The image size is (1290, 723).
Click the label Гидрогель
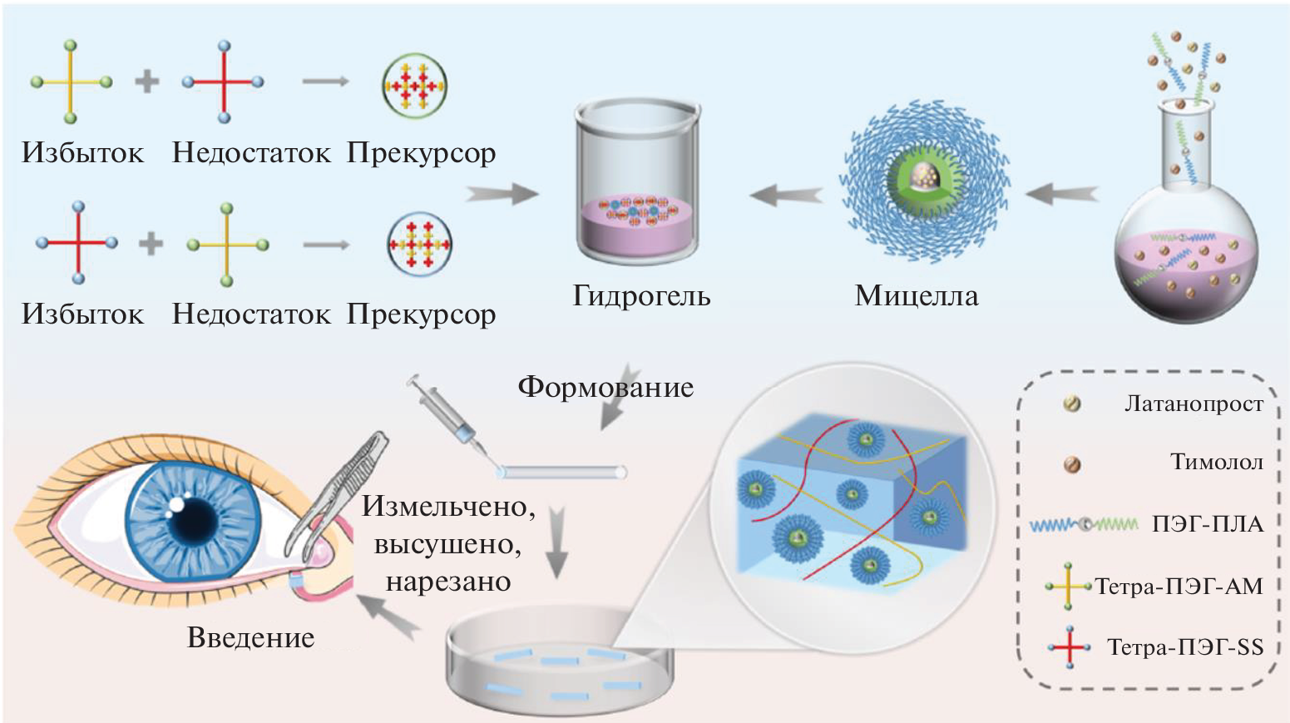click(x=641, y=296)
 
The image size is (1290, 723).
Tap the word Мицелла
click(x=916, y=296)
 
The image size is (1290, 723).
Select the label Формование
click(x=605, y=387)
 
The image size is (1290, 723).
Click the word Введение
click(x=250, y=638)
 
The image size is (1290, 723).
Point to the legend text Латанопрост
click(x=1194, y=404)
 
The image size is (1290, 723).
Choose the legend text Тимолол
click(x=1216, y=462)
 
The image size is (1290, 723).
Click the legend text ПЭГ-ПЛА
click(x=1207, y=524)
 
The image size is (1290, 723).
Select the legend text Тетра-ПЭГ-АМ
click(x=1179, y=587)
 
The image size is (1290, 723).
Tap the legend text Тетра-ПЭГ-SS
click(x=1184, y=647)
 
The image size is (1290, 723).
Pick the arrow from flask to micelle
click(x=1060, y=195)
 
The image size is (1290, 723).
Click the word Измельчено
click(x=447, y=507)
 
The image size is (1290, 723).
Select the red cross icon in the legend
click(x=1069, y=647)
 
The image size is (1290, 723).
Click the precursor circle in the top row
click(x=414, y=86)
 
